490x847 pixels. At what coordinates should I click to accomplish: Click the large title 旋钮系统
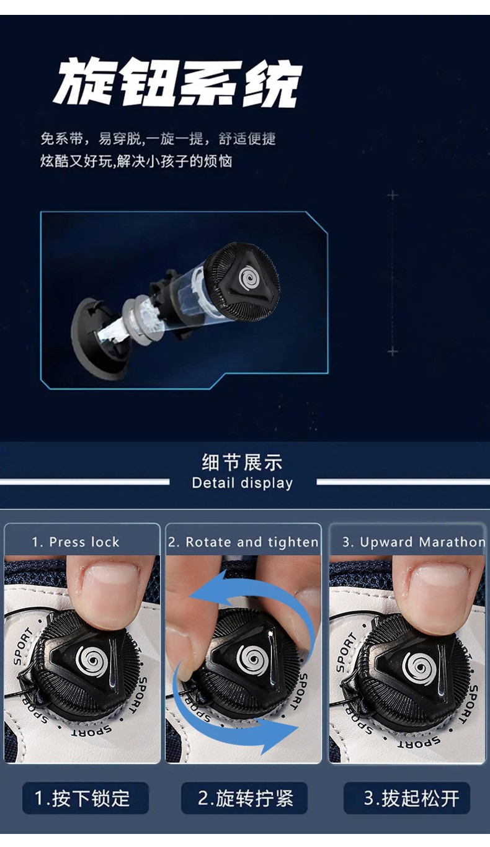177,81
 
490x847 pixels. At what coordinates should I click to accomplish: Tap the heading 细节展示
243,462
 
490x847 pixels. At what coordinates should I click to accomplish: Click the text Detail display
243,483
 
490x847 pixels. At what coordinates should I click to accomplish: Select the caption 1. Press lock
76,542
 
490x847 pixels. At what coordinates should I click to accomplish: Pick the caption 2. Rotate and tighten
244,542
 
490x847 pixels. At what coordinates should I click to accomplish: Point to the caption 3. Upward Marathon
414,542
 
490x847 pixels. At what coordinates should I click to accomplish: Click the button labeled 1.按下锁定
86,798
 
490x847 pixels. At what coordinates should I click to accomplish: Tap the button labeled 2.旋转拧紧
244,798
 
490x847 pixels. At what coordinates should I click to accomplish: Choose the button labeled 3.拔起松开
407,798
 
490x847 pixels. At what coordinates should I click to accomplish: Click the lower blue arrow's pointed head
282,731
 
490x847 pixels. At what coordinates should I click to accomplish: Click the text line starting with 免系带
158,139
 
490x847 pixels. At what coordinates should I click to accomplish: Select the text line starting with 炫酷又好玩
136,161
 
